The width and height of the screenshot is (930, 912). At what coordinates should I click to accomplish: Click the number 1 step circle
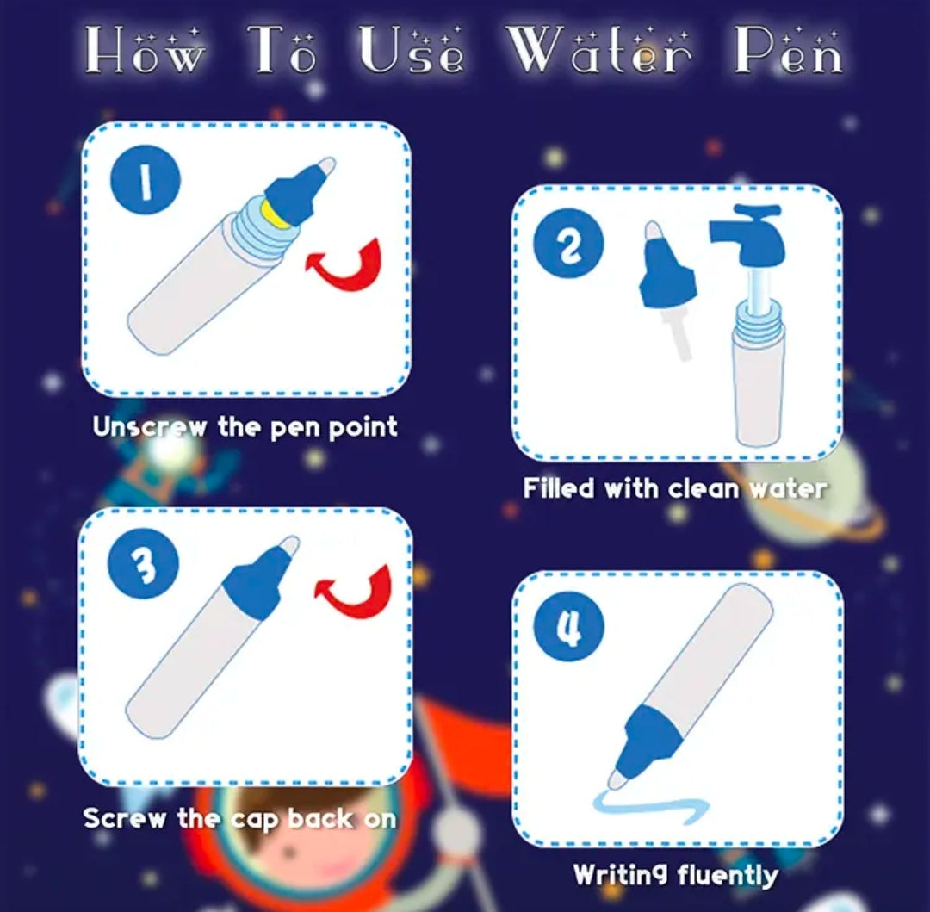145,179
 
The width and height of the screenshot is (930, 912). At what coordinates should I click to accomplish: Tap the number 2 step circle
568,244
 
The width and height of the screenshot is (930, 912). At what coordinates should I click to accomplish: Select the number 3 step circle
143,563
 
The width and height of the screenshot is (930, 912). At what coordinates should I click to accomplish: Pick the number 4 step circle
569,626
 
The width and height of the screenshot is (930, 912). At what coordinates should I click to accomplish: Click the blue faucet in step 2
748,234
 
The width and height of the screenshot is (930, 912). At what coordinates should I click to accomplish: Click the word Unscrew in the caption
150,427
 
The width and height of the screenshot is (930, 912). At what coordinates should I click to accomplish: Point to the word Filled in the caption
558,488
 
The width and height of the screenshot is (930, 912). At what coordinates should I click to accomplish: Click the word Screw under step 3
125,818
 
